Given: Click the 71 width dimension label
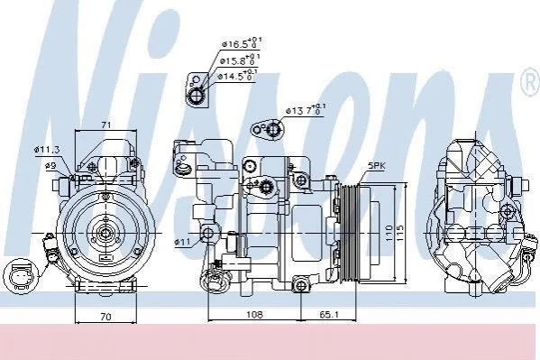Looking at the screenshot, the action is tap(106, 125).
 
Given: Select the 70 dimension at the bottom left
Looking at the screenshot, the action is tap(106, 316).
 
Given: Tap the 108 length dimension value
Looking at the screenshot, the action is tap(254, 314).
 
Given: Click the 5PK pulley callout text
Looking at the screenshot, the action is tap(377, 166).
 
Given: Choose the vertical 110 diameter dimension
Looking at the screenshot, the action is tap(389, 233).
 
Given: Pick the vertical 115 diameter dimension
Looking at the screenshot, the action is tap(400, 233).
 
